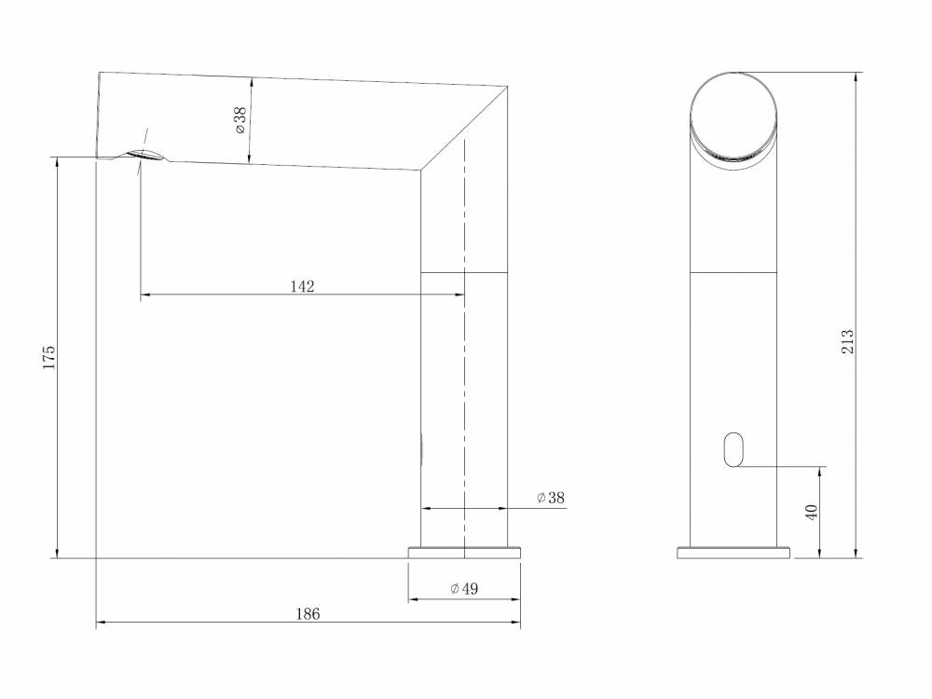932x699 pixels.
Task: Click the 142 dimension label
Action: pyautogui.click(x=302, y=286)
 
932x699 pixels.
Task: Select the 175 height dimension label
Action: pyautogui.click(x=48, y=357)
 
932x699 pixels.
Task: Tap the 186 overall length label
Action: pyautogui.click(x=308, y=614)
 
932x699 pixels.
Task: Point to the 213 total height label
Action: pyautogui.click(x=847, y=342)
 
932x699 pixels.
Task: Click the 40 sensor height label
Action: pyautogui.click(x=812, y=512)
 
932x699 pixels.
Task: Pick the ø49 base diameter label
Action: pyautogui.click(x=464, y=588)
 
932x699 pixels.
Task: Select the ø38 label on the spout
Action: pyautogui.click(x=240, y=120)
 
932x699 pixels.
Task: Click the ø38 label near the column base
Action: pyautogui.click(x=551, y=498)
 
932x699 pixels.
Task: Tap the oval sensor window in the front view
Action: pyautogui.click(x=734, y=449)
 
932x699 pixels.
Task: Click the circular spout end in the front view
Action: pyautogui.click(x=733, y=116)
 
